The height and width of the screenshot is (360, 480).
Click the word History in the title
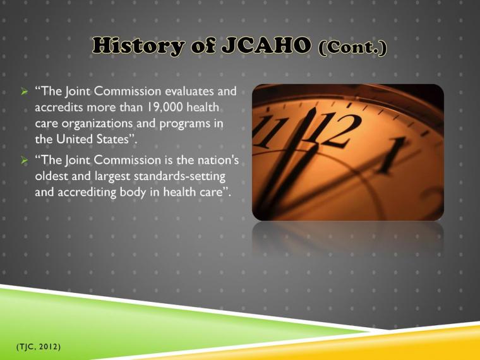(x=131, y=46)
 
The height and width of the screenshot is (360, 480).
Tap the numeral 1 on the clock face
(x=395, y=152)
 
